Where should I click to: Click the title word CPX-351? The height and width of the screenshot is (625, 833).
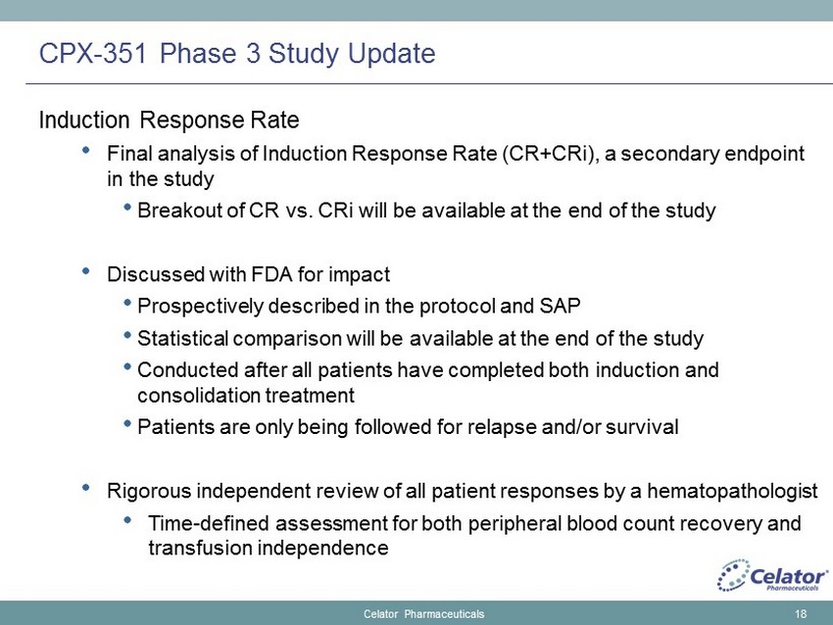(92, 53)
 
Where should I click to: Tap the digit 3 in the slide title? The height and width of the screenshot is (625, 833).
(253, 53)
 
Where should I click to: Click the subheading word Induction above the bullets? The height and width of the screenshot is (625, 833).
(84, 120)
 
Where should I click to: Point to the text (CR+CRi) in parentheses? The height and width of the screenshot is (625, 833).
(549, 154)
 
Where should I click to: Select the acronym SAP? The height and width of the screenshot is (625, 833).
(560, 307)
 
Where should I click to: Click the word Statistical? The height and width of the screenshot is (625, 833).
(182, 338)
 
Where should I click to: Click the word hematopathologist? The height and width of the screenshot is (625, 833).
(732, 491)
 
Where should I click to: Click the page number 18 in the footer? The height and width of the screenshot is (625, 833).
(801, 614)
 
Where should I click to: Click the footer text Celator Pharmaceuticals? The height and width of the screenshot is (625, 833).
(424, 614)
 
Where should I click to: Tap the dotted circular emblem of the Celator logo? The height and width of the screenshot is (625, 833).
(733, 575)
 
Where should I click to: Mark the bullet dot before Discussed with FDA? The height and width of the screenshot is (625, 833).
(86, 270)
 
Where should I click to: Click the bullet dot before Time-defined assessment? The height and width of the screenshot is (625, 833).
(127, 519)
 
